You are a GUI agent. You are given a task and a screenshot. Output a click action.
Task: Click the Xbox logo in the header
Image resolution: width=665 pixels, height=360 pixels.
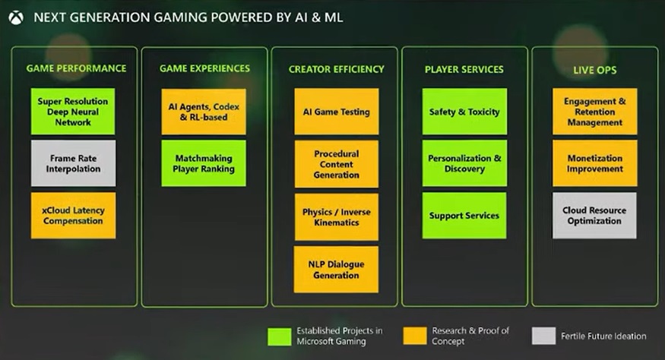tap(16, 17)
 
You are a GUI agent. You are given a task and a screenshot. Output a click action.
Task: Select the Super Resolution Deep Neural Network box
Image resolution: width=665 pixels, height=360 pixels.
tap(73, 112)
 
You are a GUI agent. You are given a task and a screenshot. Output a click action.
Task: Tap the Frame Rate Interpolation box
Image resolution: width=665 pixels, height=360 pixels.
tap(73, 163)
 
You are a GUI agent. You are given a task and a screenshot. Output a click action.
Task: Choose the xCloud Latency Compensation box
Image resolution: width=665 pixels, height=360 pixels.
tap(73, 216)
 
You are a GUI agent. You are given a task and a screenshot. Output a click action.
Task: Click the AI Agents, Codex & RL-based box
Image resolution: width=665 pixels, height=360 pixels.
tap(204, 112)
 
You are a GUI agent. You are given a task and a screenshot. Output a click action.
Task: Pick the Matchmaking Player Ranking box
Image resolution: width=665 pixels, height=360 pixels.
tap(204, 163)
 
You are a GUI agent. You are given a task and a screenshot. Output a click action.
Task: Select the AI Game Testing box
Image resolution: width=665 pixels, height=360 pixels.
tap(337, 112)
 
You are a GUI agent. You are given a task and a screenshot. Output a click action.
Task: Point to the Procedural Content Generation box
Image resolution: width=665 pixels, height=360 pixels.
tap(337, 164)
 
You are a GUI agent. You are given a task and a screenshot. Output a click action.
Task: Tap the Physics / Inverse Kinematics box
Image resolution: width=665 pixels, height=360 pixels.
tap(337, 217)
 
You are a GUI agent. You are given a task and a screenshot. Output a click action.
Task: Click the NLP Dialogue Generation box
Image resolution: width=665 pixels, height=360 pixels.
tap(336, 270)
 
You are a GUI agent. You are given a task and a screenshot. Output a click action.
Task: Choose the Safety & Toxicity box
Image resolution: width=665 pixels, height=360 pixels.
tap(464, 112)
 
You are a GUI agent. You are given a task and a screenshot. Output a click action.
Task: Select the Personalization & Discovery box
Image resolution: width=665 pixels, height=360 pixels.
tap(464, 163)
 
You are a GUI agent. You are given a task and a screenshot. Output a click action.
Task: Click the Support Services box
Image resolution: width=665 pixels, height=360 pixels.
tap(464, 216)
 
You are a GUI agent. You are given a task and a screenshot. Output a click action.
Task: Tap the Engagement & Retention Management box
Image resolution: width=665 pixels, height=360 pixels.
tap(594, 112)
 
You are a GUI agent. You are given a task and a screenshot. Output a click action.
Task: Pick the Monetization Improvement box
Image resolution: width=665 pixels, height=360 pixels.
tap(594, 163)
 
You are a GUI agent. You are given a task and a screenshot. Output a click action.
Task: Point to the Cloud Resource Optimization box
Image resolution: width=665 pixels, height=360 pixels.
tap(594, 216)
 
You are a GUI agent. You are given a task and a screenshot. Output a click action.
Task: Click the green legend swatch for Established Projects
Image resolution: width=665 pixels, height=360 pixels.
tap(280, 336)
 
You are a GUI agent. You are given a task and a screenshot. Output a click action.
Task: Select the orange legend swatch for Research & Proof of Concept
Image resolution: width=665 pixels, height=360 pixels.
tap(415, 336)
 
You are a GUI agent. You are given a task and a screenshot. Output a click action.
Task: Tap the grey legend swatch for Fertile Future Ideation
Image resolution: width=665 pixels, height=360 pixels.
tap(543, 336)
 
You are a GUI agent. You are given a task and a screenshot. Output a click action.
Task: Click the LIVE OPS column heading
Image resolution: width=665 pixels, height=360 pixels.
tap(594, 70)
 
